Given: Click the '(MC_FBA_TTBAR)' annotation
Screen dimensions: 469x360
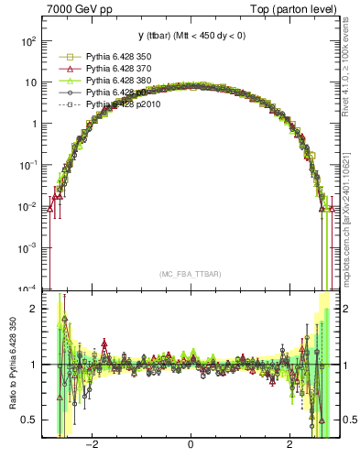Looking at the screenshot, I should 190,274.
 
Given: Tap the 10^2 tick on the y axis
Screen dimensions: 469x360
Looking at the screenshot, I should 29,41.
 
